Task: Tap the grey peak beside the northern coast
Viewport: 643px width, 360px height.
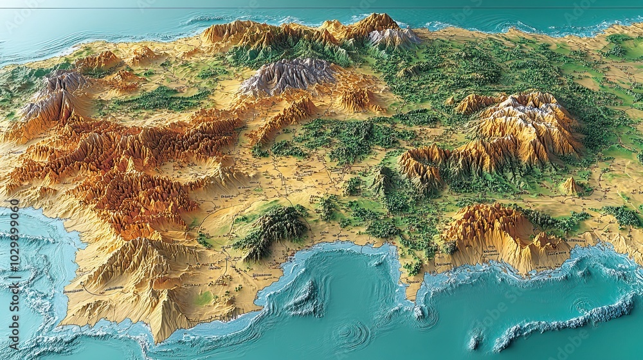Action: [392, 37]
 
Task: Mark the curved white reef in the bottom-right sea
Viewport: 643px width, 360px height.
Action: [566, 321]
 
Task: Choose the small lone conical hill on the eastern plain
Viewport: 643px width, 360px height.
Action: [570, 186]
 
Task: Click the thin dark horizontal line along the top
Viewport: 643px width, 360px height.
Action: [321, 8]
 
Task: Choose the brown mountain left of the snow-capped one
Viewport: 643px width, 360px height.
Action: [421, 164]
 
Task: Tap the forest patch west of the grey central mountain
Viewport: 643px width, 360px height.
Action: [161, 100]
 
